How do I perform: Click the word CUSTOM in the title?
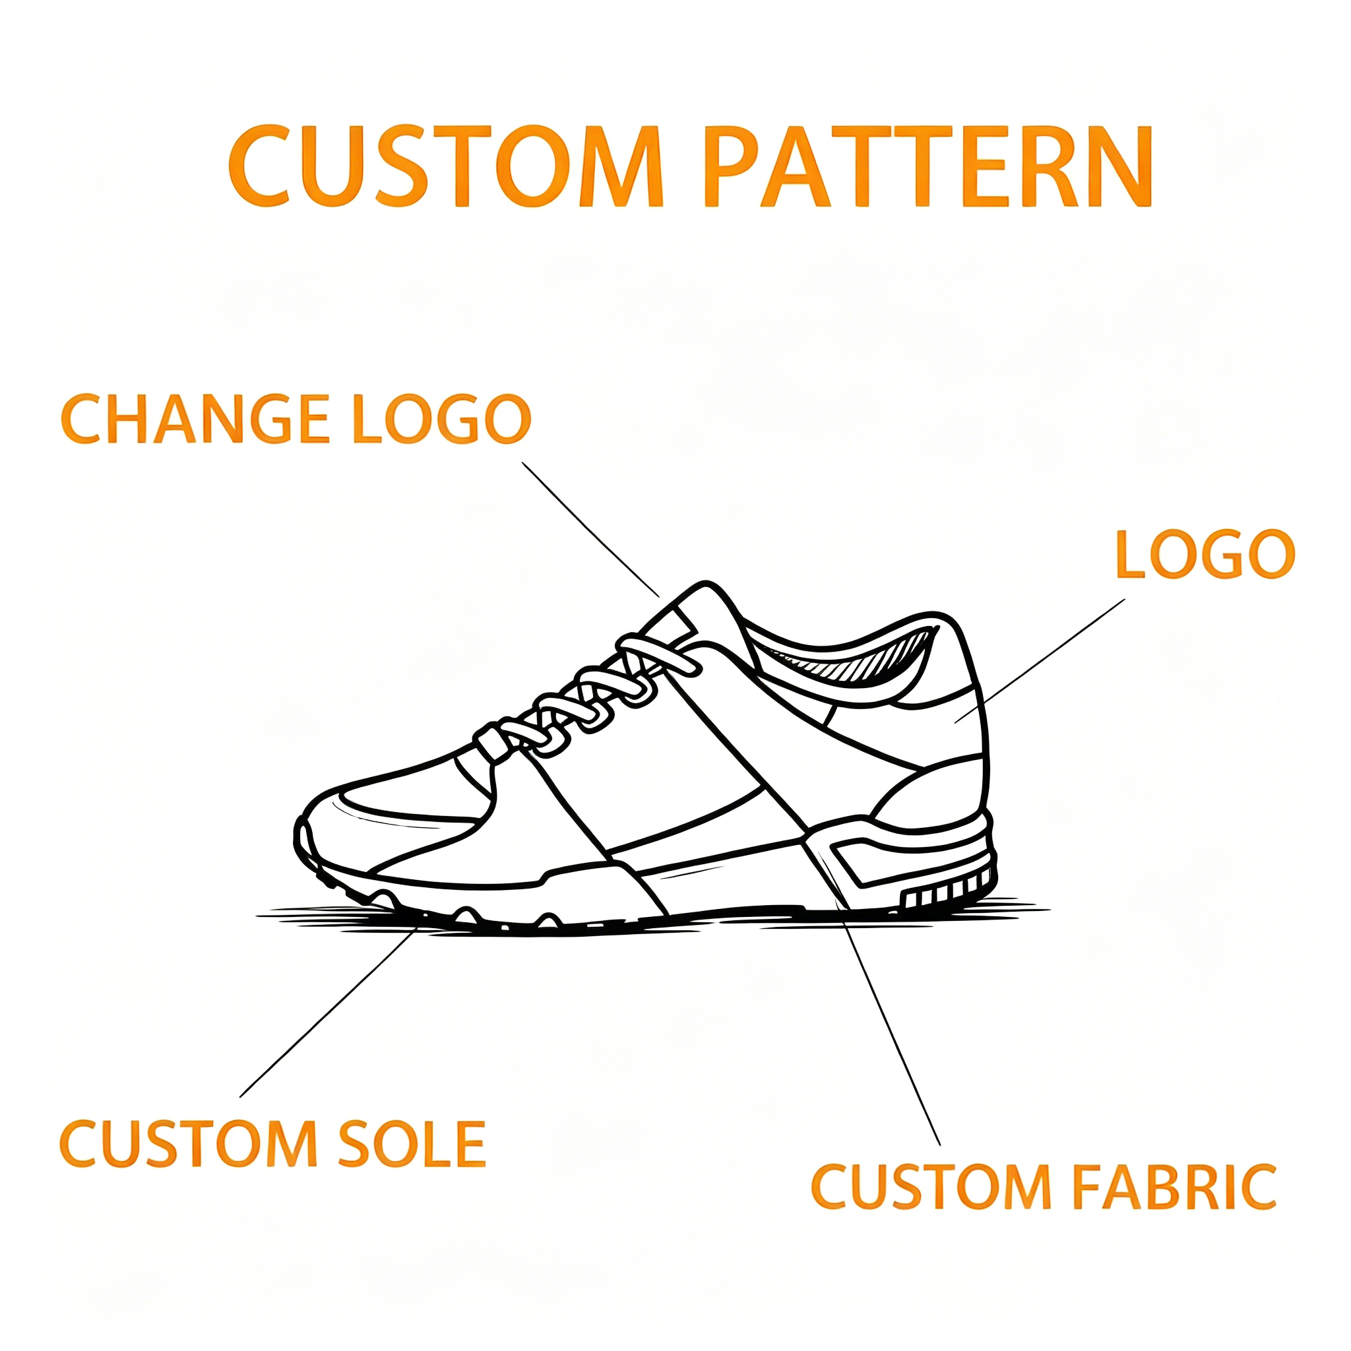point(445,166)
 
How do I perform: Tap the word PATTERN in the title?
point(928,166)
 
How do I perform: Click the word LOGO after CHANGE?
point(442,419)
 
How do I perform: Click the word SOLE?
point(412,1143)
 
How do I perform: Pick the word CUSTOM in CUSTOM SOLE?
point(189,1143)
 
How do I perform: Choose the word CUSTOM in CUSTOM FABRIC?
point(931,1187)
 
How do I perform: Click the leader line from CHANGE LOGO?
point(591,529)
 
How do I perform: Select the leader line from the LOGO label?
point(1040,661)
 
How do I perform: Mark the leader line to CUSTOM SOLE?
point(329,1011)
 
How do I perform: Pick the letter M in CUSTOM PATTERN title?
point(621,166)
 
